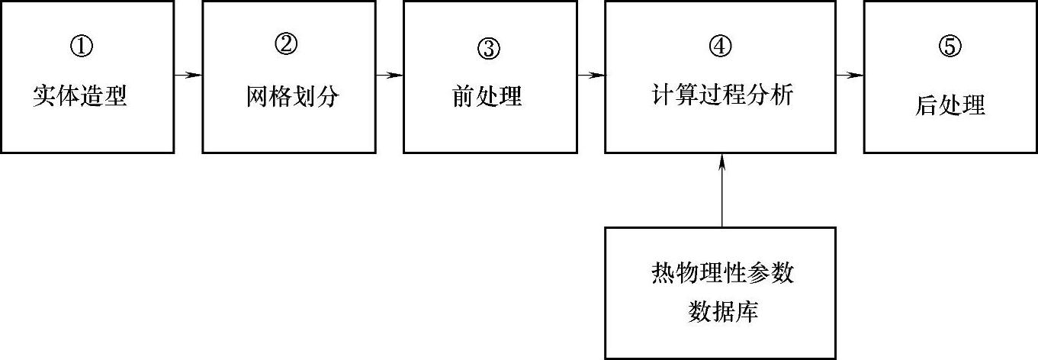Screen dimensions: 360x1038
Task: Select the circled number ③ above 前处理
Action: pos(488,48)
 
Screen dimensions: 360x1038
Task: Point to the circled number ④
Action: pos(720,46)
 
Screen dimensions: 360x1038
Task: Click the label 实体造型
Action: pos(80,97)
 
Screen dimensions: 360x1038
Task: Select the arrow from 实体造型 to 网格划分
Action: pos(188,75)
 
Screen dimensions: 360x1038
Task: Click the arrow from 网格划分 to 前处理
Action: pos(389,75)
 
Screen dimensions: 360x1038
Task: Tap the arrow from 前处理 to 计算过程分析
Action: pos(591,75)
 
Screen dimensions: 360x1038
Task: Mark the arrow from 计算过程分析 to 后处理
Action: pos(850,75)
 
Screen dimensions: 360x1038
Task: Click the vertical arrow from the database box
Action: pos(721,191)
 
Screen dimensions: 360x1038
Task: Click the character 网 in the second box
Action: pos(258,97)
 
